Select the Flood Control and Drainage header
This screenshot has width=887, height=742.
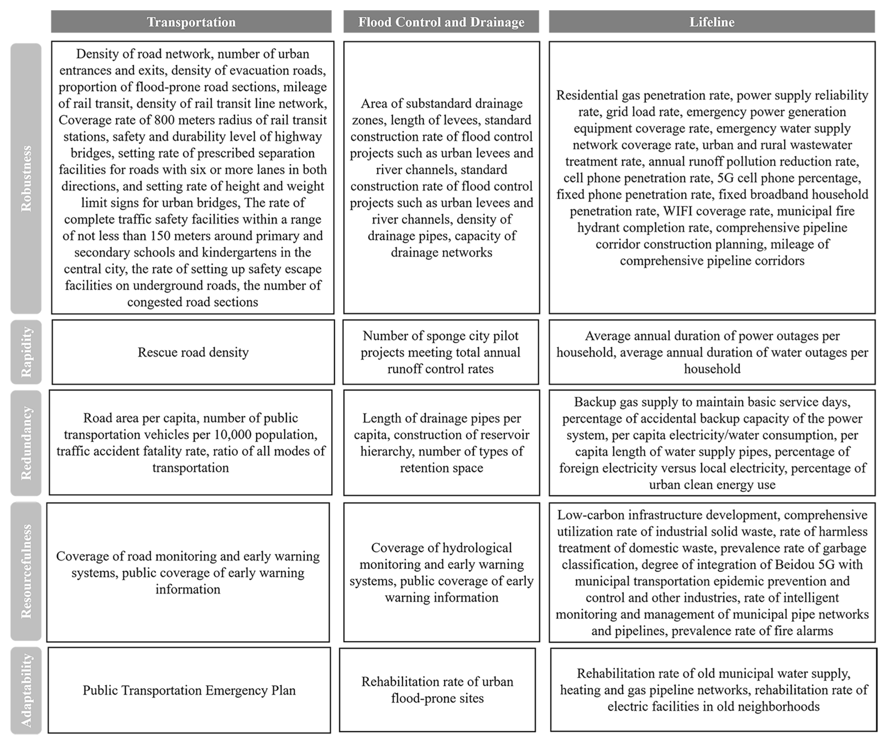tap(441, 22)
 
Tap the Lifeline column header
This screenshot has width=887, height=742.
tap(712, 22)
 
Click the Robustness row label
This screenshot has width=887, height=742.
tap(26, 178)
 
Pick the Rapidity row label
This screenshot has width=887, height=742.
tap(26, 352)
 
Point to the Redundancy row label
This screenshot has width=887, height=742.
tap(26, 443)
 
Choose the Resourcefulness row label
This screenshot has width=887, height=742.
tap(26, 571)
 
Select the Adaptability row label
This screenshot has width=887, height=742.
tap(26, 690)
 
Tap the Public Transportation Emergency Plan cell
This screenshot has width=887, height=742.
tap(189, 690)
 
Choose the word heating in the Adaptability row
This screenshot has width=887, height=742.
tap(583, 690)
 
